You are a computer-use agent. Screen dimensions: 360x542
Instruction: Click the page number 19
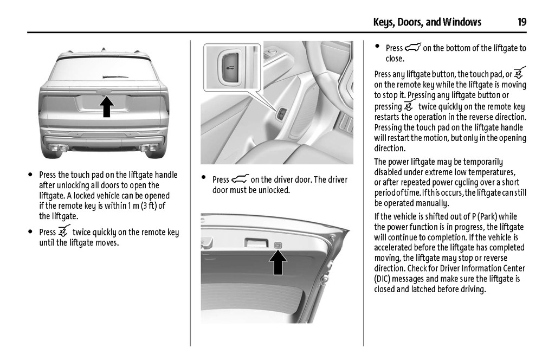click(x=521, y=22)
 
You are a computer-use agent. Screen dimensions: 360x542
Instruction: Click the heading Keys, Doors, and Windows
click(x=427, y=22)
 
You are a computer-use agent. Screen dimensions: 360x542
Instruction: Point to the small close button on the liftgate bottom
click(x=278, y=246)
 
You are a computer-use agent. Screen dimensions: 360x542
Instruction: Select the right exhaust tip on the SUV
click(x=149, y=147)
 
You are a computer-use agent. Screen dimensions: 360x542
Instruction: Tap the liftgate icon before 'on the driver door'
click(x=240, y=179)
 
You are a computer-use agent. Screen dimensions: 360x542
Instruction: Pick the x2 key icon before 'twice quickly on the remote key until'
click(x=64, y=232)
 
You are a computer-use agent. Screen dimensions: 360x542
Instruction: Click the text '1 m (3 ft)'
click(x=144, y=205)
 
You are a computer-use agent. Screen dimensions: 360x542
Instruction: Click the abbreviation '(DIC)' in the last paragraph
click(x=382, y=279)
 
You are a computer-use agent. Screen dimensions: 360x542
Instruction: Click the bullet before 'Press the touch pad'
click(x=30, y=175)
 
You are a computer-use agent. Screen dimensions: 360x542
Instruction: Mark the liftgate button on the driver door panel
click(x=282, y=114)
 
